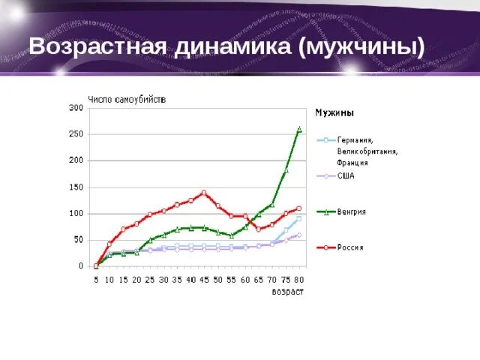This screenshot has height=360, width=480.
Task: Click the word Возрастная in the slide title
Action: (x=97, y=46)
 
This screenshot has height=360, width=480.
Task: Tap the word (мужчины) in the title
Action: (x=361, y=46)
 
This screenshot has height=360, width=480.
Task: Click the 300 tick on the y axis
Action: (x=76, y=108)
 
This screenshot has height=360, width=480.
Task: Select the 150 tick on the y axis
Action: (x=76, y=187)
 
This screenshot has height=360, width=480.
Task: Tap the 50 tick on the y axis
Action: (x=78, y=239)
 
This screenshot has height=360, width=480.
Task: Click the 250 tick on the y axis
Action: (x=76, y=134)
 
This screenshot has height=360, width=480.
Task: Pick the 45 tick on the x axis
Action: (x=204, y=280)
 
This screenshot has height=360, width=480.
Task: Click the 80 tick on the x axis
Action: (x=299, y=280)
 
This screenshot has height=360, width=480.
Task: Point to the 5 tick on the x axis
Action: (x=96, y=280)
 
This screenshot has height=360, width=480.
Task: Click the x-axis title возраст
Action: (x=287, y=292)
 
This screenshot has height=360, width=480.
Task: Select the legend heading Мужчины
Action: (x=334, y=113)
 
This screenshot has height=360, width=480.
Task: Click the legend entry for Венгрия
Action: (x=351, y=212)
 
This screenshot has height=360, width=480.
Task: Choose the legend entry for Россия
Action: (x=350, y=247)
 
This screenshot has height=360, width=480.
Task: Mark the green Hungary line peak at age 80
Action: (x=299, y=129)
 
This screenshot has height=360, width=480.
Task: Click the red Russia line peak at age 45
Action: (x=204, y=193)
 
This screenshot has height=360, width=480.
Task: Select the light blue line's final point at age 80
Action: (x=298, y=218)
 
